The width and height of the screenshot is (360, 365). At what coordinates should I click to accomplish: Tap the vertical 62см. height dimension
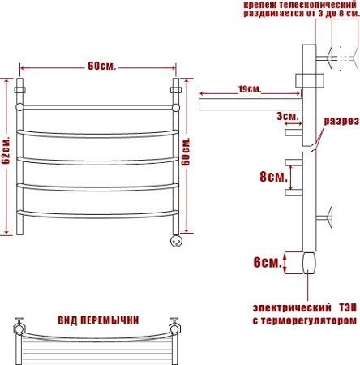(x=6, y=151)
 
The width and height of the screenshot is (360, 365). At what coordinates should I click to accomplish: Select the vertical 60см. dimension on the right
(x=188, y=151)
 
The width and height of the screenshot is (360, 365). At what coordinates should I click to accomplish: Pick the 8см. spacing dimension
(x=270, y=176)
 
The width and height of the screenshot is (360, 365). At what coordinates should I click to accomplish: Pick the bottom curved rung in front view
(x=97, y=215)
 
